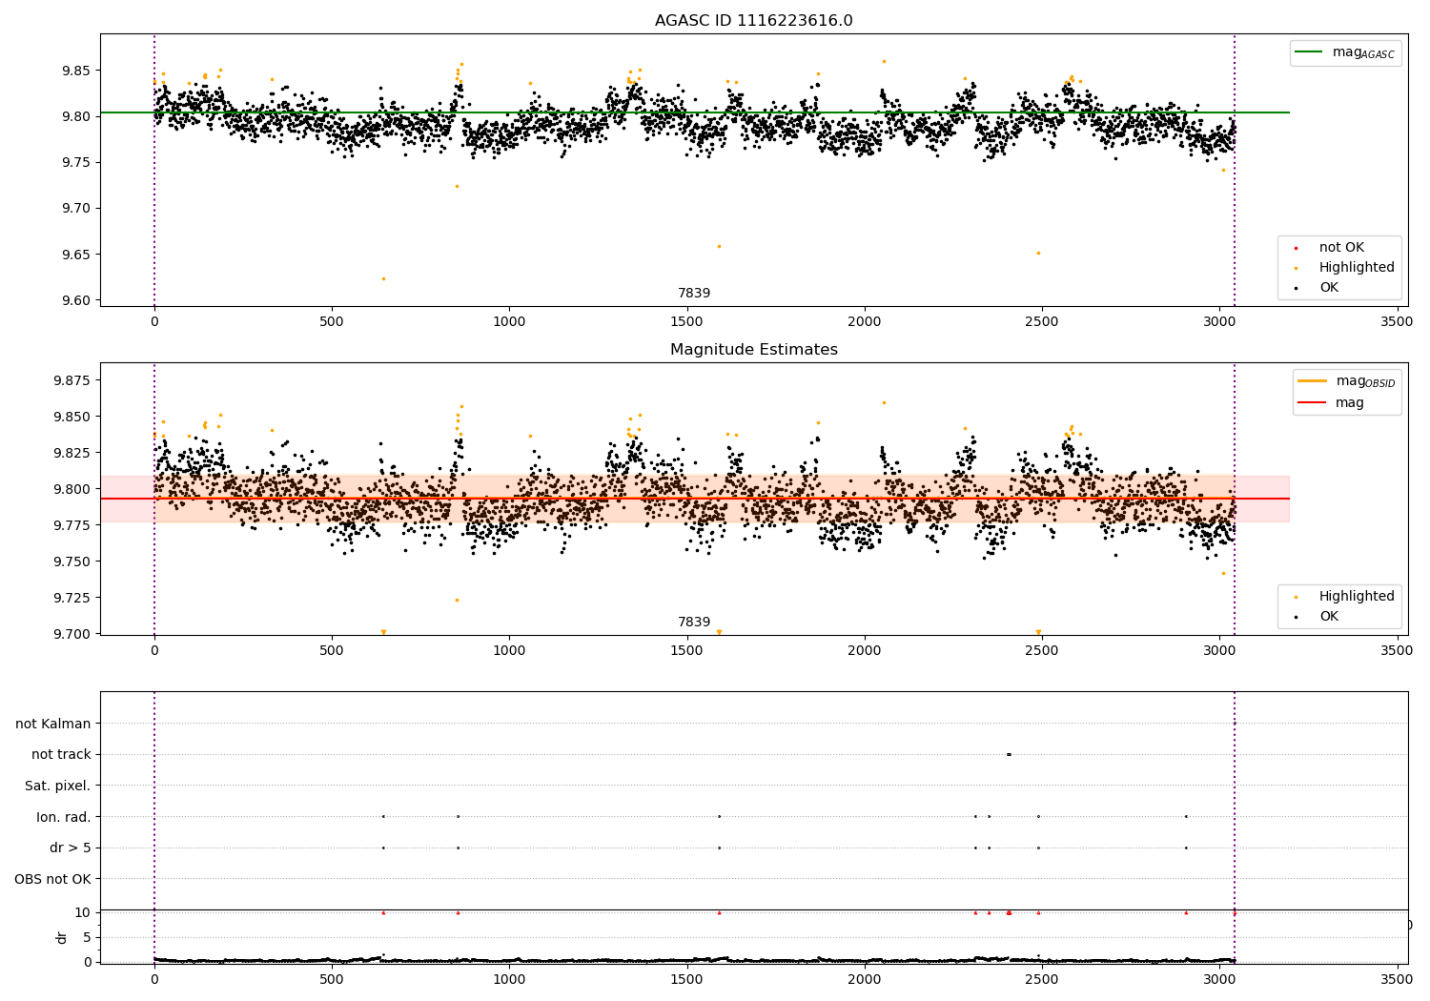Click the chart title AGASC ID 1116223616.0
(x=753, y=21)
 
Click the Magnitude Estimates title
(x=753, y=350)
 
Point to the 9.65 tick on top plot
(x=76, y=255)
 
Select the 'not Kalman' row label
(x=53, y=724)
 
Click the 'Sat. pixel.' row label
(x=57, y=786)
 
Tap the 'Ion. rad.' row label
(x=63, y=817)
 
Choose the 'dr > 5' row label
(x=70, y=848)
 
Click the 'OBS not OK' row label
(x=52, y=879)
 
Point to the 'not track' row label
(x=61, y=754)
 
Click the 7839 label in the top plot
(x=694, y=293)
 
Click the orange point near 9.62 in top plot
(x=383, y=278)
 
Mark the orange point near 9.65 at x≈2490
(x=1038, y=253)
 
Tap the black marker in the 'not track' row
(x=1009, y=754)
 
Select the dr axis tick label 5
(x=88, y=937)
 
